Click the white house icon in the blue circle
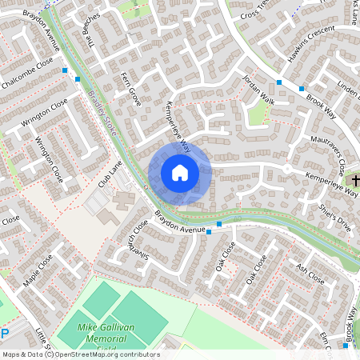coord(179,173)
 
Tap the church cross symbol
coord(355,180)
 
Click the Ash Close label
coord(310,274)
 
